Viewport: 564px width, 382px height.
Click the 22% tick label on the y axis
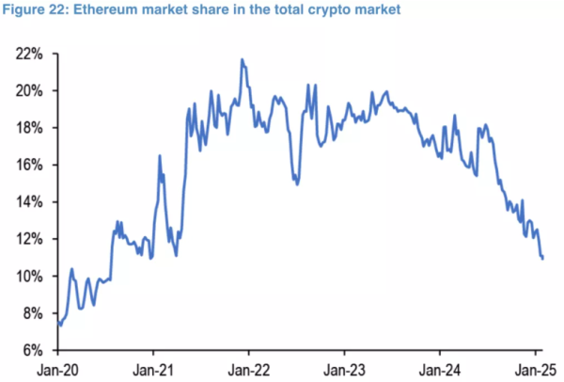click(x=29, y=54)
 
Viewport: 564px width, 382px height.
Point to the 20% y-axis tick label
click(x=29, y=91)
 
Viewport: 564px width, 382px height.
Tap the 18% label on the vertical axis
click(x=29, y=128)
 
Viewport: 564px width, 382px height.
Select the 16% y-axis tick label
click(x=29, y=165)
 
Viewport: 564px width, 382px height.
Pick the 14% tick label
click(x=29, y=202)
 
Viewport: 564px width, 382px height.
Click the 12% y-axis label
click(x=29, y=239)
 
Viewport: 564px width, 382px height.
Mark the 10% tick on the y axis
click(x=29, y=276)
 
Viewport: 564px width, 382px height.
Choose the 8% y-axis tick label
click(x=32, y=313)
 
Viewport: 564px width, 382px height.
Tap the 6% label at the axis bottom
click(x=32, y=350)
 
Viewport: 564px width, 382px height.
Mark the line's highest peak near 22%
click(x=243, y=59)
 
